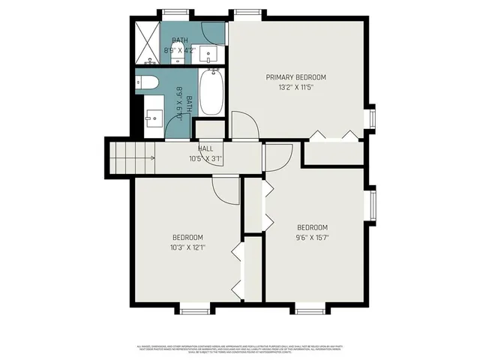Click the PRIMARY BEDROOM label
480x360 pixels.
(295, 77)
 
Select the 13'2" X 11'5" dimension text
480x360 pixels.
(295, 87)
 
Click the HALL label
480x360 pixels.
(205, 149)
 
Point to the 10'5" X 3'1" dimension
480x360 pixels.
(205, 158)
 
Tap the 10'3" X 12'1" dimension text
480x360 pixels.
(187, 246)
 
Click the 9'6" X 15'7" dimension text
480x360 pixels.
(313, 237)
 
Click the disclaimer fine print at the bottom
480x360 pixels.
(240, 349)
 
